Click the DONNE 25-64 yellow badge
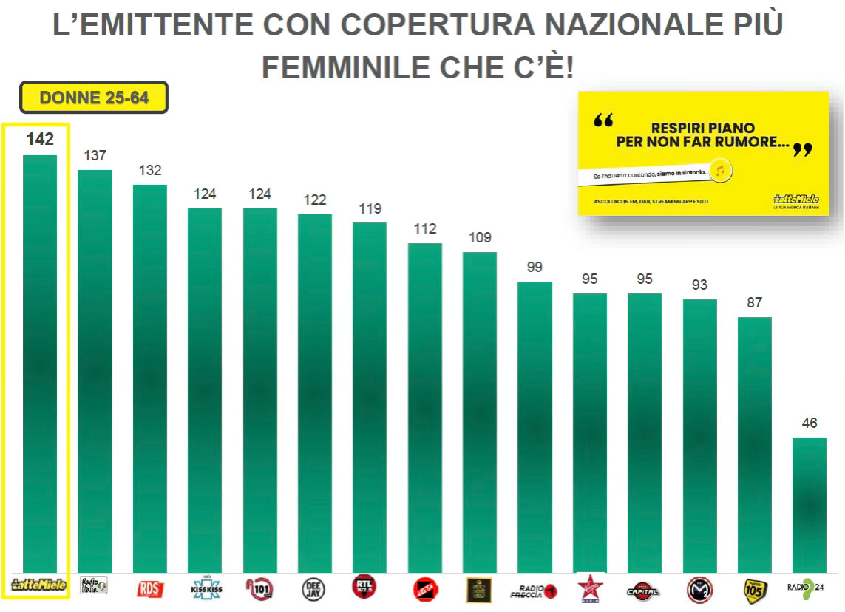[x=94, y=98]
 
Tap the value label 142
[x=40, y=139]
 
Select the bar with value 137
[x=95, y=370]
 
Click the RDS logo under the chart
[x=150, y=589]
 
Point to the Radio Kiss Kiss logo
[x=205, y=588]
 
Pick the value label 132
[x=150, y=170]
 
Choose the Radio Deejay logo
[x=314, y=589]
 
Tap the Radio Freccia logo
[x=534, y=590]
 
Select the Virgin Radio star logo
[x=589, y=588]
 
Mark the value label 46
[x=810, y=423]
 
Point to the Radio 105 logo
[x=755, y=589]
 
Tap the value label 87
[x=754, y=302]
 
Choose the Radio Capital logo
[x=643, y=590]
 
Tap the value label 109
[x=479, y=237]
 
